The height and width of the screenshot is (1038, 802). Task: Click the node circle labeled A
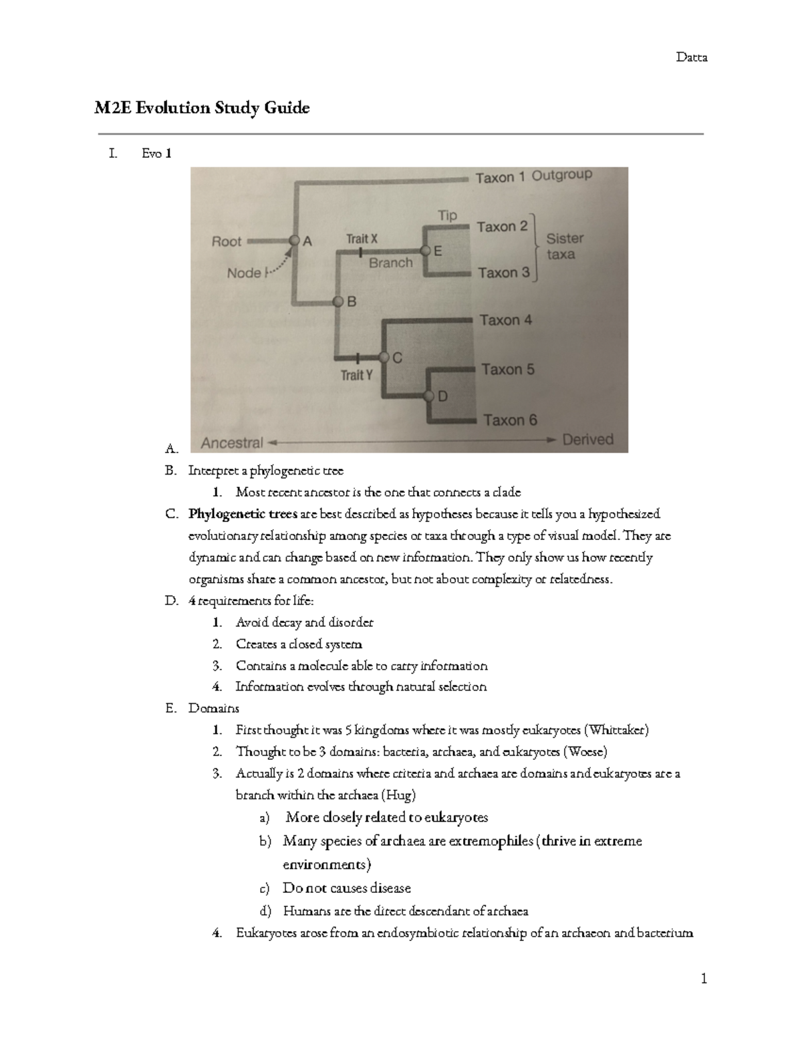pos(293,240)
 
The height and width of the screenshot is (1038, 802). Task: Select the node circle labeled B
pos(338,301)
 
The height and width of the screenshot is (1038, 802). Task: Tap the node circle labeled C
pos(384,357)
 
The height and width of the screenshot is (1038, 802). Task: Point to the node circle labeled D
pos(430,396)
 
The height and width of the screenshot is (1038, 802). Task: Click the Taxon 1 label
pos(500,178)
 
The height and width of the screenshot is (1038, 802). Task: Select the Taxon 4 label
pos(506,320)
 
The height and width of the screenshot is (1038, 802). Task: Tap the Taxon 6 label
pos(510,420)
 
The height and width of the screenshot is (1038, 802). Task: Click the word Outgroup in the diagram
pos(561,175)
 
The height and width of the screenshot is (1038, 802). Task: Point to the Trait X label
pos(362,239)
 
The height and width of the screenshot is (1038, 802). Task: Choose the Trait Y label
pos(357,375)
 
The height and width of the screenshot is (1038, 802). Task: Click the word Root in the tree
pos(227,241)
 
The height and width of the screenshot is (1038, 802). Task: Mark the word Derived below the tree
pos(587,440)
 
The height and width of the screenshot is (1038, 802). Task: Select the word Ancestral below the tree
pos(232,442)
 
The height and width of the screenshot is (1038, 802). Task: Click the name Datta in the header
pos(691,57)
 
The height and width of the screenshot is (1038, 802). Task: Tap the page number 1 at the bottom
pos(703,979)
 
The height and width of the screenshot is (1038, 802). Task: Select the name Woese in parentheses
pos(585,752)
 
